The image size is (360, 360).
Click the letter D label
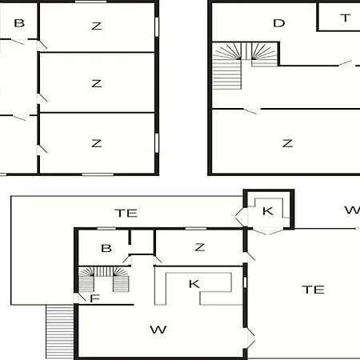[279, 23]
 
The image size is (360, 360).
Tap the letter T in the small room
[346, 18]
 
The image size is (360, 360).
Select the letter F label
[94, 298]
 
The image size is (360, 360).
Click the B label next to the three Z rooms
[19, 23]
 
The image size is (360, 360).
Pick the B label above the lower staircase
[106, 248]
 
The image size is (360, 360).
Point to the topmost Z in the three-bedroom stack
[97, 26]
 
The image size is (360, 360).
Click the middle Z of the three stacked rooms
[97, 83]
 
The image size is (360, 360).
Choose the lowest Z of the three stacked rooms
[97, 143]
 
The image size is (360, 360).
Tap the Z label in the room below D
[287, 143]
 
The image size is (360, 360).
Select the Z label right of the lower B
[200, 247]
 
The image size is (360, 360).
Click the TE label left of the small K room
[126, 213]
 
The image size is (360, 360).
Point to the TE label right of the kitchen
[314, 290]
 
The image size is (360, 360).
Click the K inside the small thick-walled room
[268, 211]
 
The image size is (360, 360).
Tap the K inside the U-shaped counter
[194, 284]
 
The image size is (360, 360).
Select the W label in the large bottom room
[158, 330]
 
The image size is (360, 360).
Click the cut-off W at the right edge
[353, 210]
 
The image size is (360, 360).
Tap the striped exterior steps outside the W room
[60, 332]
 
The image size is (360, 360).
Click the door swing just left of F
[80, 298]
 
